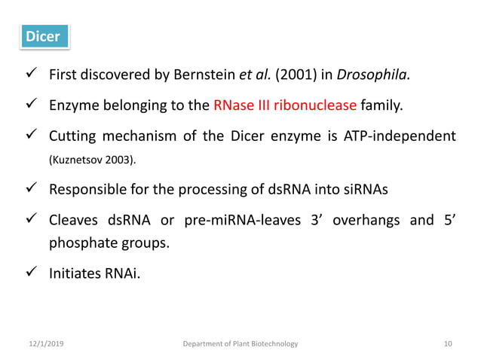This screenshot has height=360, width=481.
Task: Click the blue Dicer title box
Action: [43, 36]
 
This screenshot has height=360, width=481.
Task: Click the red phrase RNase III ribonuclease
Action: [285, 105]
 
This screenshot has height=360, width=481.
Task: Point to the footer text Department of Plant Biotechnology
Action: [240, 343]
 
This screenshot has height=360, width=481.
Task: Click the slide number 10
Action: [449, 343]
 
